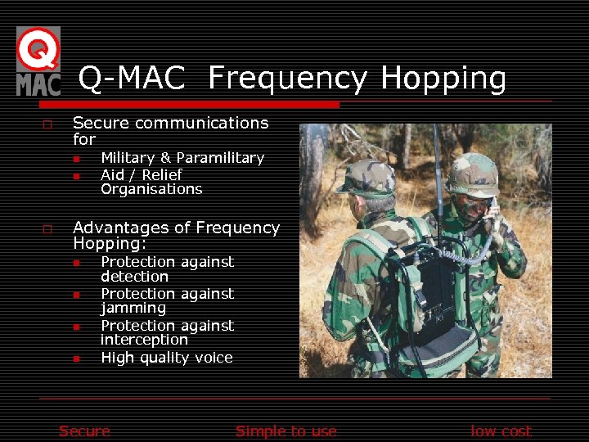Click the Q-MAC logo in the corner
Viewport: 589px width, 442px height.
pyautogui.click(x=38, y=61)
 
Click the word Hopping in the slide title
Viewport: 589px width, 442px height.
pyautogui.click(x=443, y=79)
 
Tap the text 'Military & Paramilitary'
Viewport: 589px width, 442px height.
pyautogui.click(x=182, y=158)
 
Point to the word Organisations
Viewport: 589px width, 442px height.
pyautogui.click(x=151, y=189)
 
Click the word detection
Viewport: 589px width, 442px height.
pyautogui.click(x=134, y=277)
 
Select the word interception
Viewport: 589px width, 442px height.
pyautogui.click(x=144, y=340)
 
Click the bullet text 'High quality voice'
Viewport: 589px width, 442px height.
pyautogui.click(x=166, y=358)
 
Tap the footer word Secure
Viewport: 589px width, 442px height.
pyautogui.click(x=84, y=431)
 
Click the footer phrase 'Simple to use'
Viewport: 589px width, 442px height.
pyautogui.click(x=286, y=431)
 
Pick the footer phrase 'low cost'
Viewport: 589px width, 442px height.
pyautogui.click(x=501, y=431)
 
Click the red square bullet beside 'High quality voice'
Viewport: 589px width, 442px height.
pyautogui.click(x=75, y=359)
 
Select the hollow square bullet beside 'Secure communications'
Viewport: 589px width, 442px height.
pyautogui.click(x=47, y=124)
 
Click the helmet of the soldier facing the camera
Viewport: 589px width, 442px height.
pyautogui.click(x=472, y=173)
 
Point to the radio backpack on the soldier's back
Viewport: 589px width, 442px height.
pyautogui.click(x=429, y=295)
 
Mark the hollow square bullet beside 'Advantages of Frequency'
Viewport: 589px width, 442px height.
pyautogui.click(x=47, y=229)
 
